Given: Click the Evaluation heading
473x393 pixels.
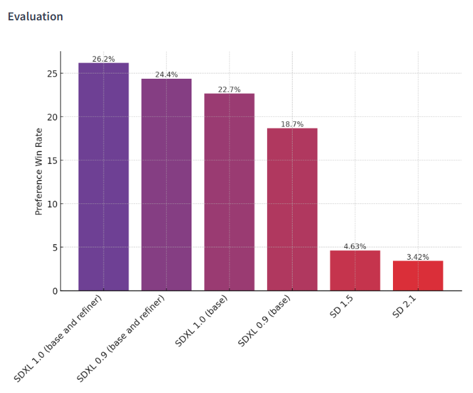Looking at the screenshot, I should (x=35, y=16).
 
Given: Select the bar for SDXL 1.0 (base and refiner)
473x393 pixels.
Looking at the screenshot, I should (x=104, y=177).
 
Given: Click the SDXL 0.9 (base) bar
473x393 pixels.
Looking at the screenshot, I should (x=292, y=209).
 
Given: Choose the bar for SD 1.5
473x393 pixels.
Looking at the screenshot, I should (x=355, y=270).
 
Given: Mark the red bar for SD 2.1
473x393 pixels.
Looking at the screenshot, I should (x=418, y=276).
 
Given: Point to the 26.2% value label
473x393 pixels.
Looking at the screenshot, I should (x=104, y=59).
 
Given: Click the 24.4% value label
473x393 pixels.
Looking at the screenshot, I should (x=167, y=75).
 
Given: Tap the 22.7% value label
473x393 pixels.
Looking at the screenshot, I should (x=229, y=90).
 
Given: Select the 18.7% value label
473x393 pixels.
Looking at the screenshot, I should (x=292, y=124).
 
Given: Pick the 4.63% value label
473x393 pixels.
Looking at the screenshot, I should (x=355, y=247).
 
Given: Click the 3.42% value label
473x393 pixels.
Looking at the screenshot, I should (x=418, y=257).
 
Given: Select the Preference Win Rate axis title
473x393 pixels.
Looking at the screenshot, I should (x=39, y=171).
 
